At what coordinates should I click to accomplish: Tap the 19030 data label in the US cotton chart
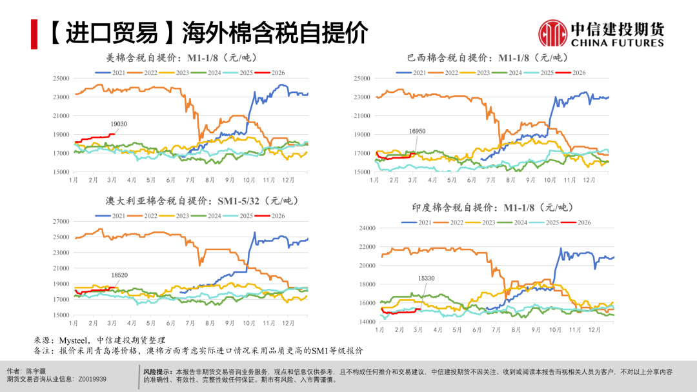click(118, 124)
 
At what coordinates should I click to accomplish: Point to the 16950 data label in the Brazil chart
click(417, 131)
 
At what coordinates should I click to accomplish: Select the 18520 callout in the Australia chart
click(119, 275)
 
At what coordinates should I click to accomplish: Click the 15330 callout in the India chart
click(426, 279)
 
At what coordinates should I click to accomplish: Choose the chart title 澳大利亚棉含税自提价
click(192, 201)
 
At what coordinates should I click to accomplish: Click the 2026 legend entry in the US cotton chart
click(270, 73)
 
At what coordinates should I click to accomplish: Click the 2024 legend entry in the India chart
click(514, 222)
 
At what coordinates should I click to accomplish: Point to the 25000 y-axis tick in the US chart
click(61, 79)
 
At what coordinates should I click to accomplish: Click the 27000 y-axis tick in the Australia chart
click(61, 221)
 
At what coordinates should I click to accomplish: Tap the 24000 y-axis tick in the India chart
click(367, 228)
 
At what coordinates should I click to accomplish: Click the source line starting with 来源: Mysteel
click(100, 340)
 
